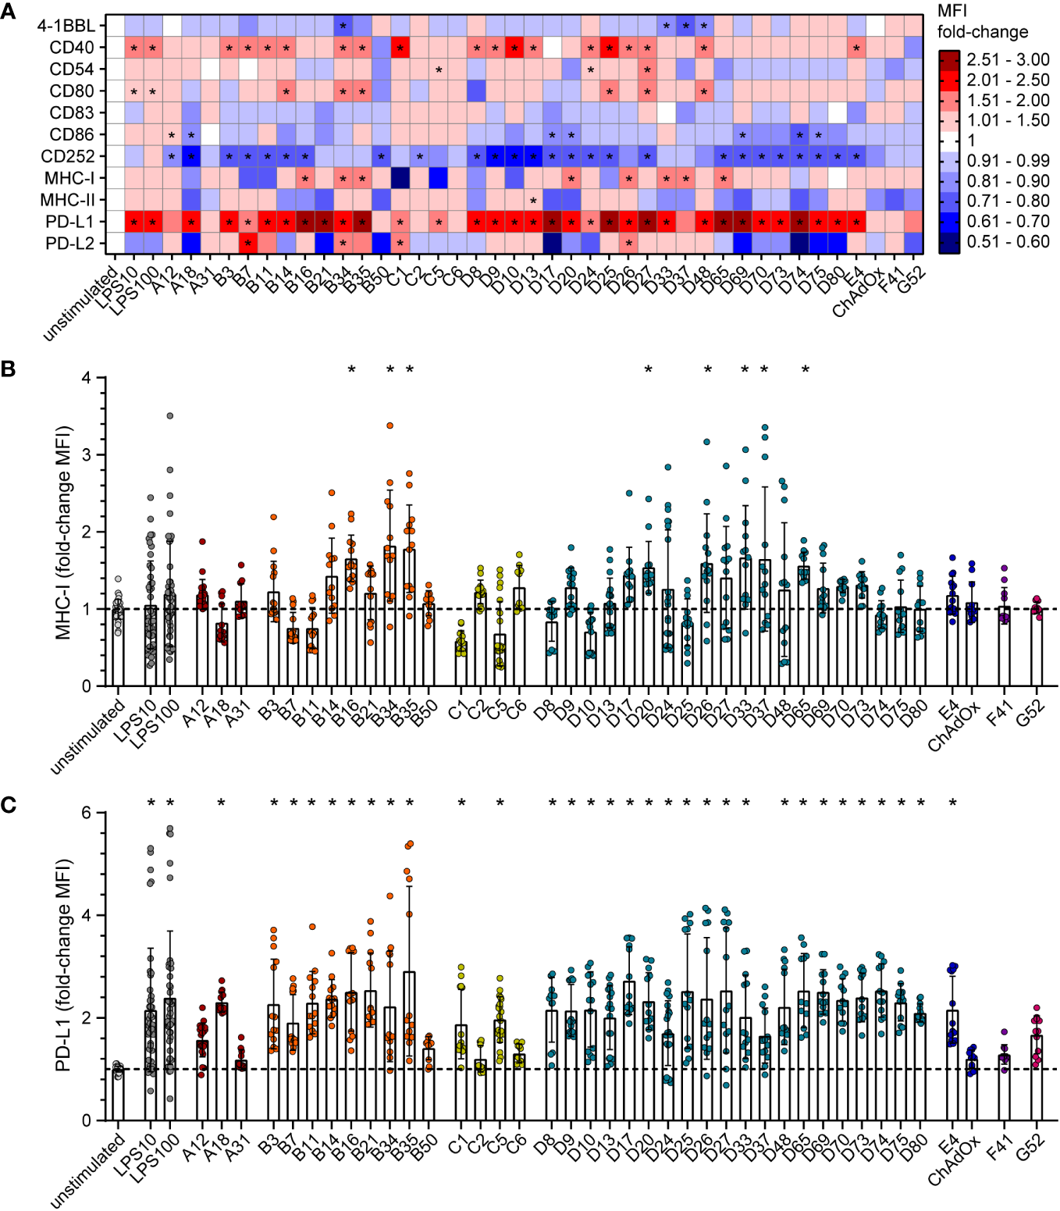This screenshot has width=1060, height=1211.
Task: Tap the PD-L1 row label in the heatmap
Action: tap(69, 222)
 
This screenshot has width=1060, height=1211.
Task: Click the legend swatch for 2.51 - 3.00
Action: tap(949, 60)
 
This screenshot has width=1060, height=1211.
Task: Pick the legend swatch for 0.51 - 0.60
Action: tap(949, 242)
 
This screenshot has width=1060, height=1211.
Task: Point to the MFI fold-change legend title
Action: tap(982, 22)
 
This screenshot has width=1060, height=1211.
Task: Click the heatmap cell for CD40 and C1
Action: tap(400, 48)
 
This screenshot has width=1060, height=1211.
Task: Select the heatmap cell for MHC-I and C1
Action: tap(400, 178)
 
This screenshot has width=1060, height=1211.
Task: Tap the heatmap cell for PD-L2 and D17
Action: tap(552, 244)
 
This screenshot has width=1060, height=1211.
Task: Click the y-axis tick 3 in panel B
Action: tap(86, 454)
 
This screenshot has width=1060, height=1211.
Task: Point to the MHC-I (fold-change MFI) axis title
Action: tap(63, 532)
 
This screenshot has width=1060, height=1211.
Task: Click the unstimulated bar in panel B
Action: tap(118, 648)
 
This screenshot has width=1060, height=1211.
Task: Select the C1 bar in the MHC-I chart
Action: tap(461, 664)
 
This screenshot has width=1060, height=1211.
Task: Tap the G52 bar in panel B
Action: tap(1037, 648)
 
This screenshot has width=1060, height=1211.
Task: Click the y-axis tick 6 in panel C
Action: tap(86, 813)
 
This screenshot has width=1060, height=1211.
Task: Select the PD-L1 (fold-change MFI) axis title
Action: tap(63, 965)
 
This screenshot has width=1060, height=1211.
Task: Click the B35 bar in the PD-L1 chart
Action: tap(409, 1046)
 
